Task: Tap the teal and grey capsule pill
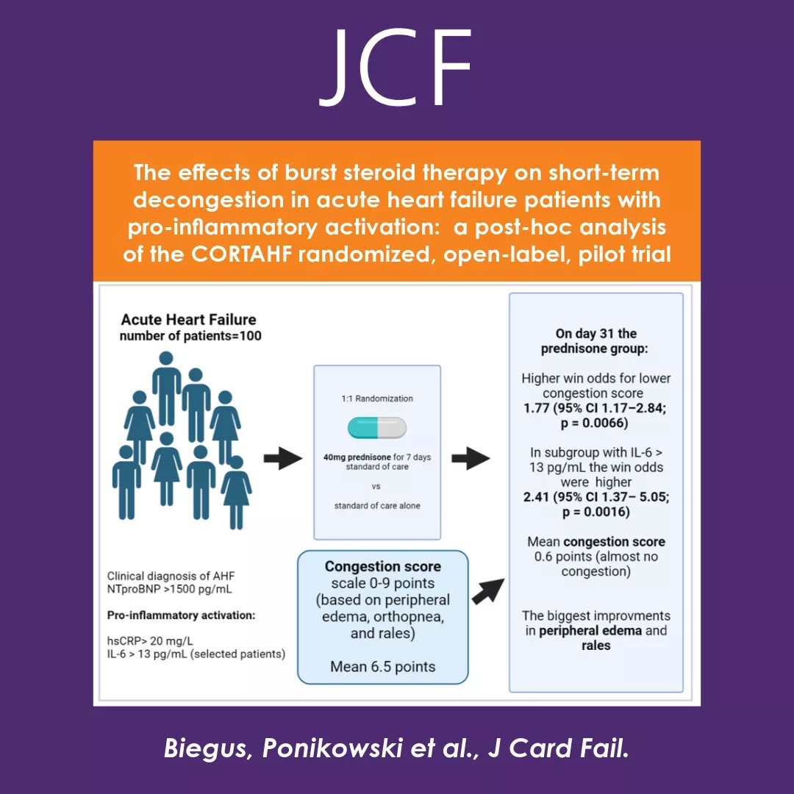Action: (376, 427)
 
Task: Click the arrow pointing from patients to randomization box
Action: (283, 459)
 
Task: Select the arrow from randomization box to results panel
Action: (471, 459)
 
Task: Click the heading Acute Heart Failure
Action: (188, 320)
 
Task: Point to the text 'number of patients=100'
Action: (190, 336)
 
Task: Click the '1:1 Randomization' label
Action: (377, 398)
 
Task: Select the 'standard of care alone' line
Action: (377, 506)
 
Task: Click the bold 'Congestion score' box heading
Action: (383, 567)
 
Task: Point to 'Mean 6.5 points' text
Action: (382, 667)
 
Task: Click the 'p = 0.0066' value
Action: (595, 423)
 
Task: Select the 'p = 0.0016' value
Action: (595, 511)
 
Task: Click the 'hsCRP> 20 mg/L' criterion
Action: (149, 640)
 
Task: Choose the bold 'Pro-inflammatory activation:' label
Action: (181, 615)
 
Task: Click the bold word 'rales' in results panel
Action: (596, 645)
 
